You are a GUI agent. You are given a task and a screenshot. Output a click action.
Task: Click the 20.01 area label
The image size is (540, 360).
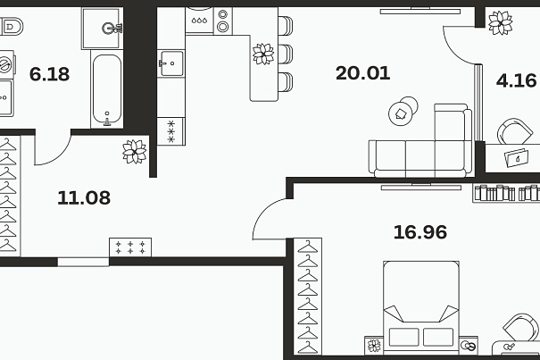click(x=362, y=73)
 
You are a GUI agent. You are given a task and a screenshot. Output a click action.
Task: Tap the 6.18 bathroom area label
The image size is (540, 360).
click(x=49, y=74)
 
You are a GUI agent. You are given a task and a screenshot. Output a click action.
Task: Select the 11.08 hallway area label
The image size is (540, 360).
click(x=84, y=198)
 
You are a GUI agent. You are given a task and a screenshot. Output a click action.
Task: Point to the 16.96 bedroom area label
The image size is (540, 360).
click(x=420, y=232)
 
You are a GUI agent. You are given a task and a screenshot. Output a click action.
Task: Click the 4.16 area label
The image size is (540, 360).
click(x=516, y=80)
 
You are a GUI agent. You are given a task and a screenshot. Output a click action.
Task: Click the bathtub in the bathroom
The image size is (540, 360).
click(x=107, y=89)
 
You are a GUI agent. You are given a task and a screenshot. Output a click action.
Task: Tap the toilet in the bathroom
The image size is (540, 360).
click(x=11, y=27)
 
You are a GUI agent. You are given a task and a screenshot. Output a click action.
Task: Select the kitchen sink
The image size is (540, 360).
click(x=170, y=63)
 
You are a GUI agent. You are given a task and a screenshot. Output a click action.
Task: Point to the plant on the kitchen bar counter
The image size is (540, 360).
click(x=263, y=54)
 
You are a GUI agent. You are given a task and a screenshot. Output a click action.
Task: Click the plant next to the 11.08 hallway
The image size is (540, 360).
click(x=134, y=151)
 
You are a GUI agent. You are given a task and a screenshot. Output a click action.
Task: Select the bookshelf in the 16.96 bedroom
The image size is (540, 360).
click(x=506, y=193)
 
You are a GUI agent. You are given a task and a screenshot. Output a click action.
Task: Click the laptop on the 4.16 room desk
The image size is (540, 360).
click(x=517, y=158)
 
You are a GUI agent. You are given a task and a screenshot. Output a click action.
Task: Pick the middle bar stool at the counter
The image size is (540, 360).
click(x=285, y=54)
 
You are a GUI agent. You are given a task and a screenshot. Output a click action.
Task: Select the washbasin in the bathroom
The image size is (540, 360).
click(x=103, y=29)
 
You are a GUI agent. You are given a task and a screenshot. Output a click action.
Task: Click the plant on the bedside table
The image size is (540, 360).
click(x=374, y=346)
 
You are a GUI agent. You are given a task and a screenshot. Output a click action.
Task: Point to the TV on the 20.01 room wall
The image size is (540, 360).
click(x=420, y=11)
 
